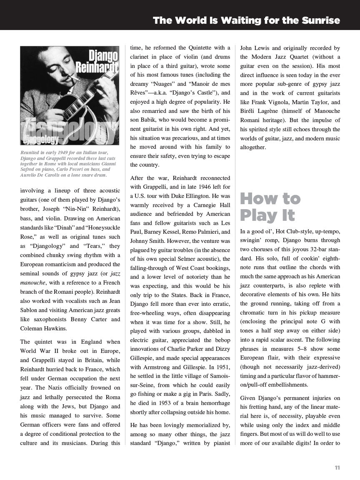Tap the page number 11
coord(337,467)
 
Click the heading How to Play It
coord(270,207)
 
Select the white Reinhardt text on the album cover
coord(97,66)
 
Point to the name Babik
coord(151,120)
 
